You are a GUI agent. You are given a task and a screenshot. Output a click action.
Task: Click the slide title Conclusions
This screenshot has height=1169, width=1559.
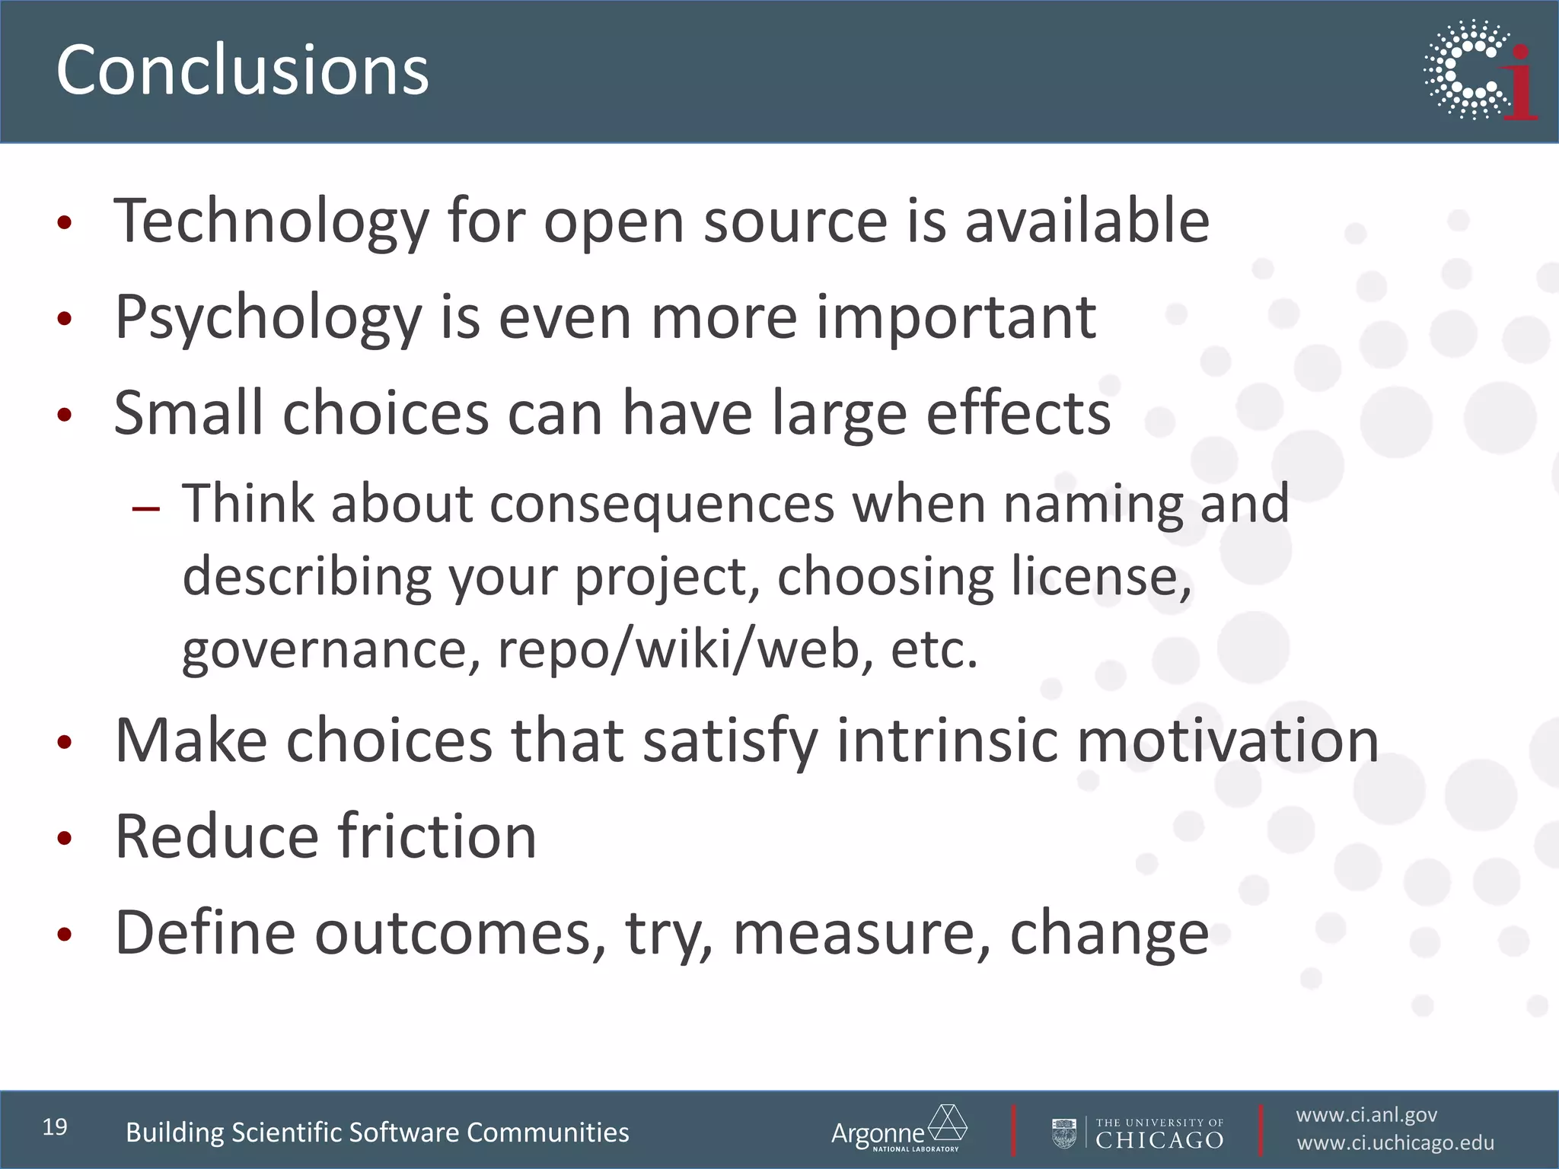[242, 70]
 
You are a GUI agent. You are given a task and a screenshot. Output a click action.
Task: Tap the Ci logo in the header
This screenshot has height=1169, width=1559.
[1480, 71]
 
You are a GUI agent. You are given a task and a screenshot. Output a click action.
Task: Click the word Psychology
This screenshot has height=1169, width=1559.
[268, 318]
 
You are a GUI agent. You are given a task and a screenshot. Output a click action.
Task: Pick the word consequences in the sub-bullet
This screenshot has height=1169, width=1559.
[662, 504]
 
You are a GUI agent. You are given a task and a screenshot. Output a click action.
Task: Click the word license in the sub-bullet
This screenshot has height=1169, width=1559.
[1100, 576]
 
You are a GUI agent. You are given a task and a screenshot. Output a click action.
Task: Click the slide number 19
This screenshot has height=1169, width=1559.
[55, 1127]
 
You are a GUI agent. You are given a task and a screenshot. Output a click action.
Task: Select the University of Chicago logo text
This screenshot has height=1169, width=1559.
[1159, 1133]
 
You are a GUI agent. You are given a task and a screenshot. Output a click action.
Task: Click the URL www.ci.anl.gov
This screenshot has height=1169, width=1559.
[1366, 1115]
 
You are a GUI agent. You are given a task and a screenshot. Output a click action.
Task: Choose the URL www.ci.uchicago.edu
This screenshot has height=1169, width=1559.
[1395, 1143]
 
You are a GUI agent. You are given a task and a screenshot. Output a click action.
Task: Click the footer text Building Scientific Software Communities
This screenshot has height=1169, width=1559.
[377, 1132]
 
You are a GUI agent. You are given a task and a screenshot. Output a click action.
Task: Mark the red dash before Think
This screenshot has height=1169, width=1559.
[145, 508]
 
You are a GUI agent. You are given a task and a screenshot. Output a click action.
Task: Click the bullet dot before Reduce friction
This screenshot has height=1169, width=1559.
[65, 839]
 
